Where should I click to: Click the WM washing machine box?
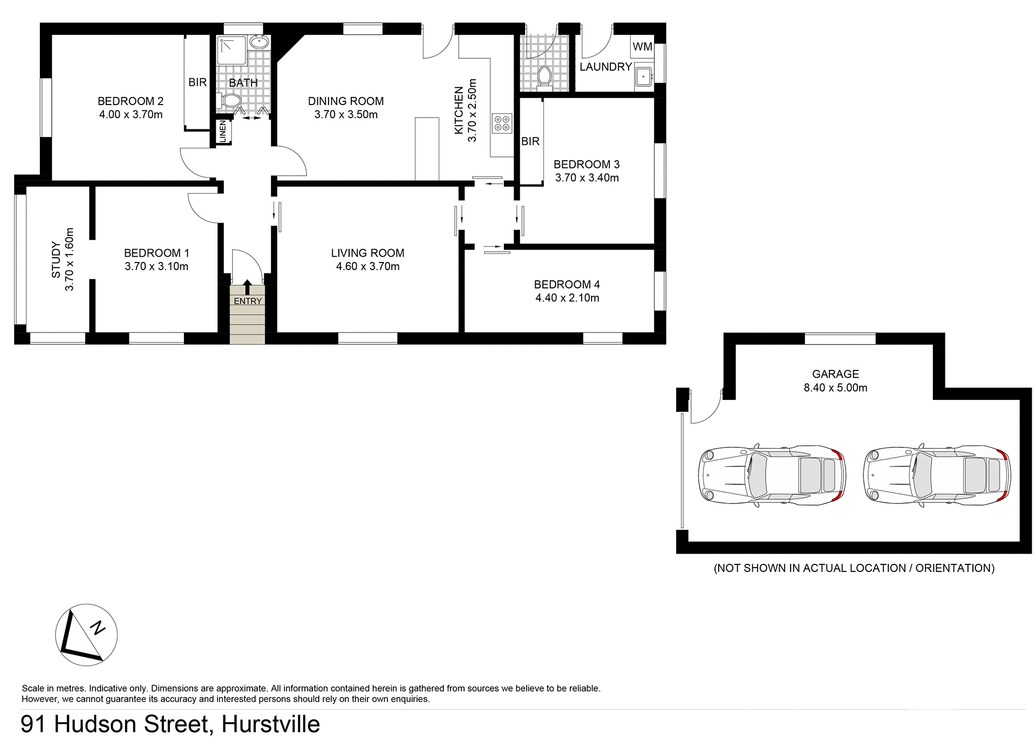(642, 47)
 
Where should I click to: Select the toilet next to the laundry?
(544, 76)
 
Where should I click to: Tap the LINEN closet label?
(222, 132)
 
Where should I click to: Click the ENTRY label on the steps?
(248, 301)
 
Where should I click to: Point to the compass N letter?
(98, 627)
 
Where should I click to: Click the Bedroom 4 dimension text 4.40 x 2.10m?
(567, 298)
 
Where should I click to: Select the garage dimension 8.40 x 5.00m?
(835, 388)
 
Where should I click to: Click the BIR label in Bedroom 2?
(197, 82)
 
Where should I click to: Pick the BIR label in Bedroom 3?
(530, 141)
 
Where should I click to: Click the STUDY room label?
(56, 260)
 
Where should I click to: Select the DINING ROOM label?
(346, 101)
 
